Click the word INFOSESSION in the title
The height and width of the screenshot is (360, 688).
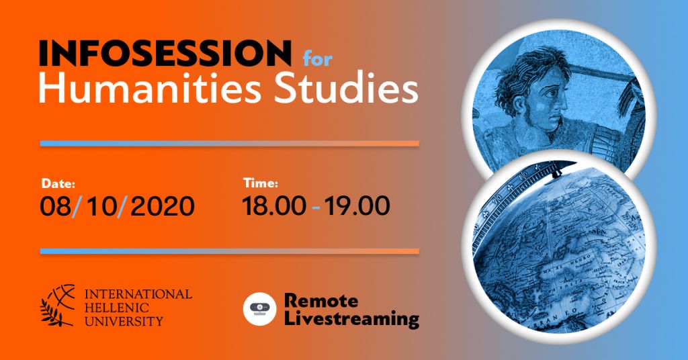click(165, 52)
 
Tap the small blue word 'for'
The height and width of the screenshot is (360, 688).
click(317, 58)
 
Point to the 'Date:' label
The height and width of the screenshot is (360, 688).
click(58, 183)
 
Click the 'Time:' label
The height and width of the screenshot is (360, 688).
click(261, 183)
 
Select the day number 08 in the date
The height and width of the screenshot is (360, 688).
click(56, 206)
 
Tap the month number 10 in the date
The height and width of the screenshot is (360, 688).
click(101, 206)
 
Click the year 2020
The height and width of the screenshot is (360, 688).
click(163, 206)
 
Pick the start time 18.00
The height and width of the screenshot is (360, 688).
click(274, 206)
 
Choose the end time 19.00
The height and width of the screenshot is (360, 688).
click(357, 206)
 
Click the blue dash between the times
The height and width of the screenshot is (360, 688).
click(316, 207)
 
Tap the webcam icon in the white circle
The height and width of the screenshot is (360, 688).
click(260, 309)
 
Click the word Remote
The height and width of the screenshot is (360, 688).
click(320, 301)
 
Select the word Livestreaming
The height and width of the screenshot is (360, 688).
click(351, 319)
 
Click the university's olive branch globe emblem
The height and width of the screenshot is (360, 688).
click(58, 305)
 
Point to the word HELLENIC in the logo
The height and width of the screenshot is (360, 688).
click(117, 308)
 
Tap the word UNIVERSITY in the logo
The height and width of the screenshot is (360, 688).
click(124, 321)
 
